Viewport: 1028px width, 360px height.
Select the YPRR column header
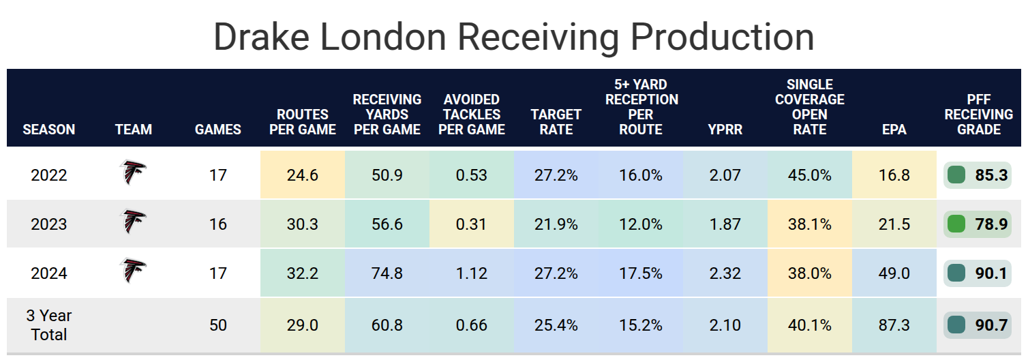coord(725,129)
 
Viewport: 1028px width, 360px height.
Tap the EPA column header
coord(894,129)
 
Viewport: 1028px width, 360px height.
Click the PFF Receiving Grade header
coord(979,115)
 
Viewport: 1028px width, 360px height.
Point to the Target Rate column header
coord(556,121)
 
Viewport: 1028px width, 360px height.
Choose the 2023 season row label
coord(49,224)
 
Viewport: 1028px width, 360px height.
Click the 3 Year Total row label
coord(49,325)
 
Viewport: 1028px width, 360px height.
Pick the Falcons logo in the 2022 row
coord(133,173)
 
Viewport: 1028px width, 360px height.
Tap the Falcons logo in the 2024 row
coord(133,271)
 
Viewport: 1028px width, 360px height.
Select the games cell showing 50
coord(218,325)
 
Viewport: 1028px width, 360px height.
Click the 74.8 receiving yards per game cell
coord(387,273)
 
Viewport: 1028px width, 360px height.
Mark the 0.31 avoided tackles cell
coord(472,224)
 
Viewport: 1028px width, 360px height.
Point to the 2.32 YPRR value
coord(725,273)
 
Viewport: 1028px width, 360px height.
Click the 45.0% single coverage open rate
coord(809,175)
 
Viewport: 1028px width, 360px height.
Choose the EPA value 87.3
coord(894,325)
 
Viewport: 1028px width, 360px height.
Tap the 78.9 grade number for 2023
coord(991,224)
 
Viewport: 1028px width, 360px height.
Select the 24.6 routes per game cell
coord(303,175)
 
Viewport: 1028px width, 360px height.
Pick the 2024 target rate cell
coord(556,273)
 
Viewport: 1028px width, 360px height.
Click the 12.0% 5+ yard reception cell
coord(640,224)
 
